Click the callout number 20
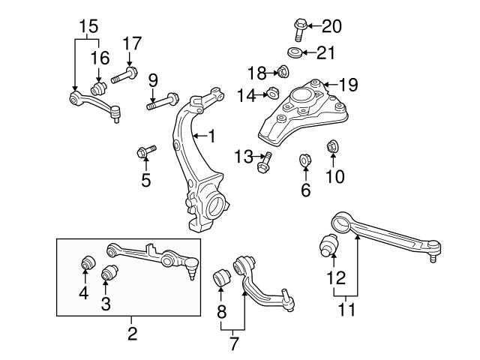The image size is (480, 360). click(x=331, y=26)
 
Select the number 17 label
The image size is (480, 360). click(x=132, y=43)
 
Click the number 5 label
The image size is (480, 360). click(x=145, y=179)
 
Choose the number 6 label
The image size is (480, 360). click(x=305, y=190)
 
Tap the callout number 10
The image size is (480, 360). click(x=334, y=176)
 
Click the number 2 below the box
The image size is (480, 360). click(x=132, y=331)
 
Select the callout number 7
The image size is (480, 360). click(x=233, y=344)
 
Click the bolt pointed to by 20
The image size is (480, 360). click(x=297, y=28)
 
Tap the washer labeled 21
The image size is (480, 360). click(x=295, y=52)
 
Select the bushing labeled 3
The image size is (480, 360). click(x=110, y=271)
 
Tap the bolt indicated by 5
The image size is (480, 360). click(x=145, y=152)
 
